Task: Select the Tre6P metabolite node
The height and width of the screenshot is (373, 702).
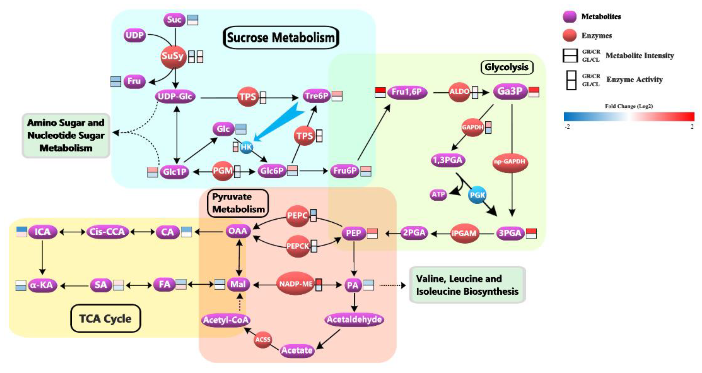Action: [x=316, y=96]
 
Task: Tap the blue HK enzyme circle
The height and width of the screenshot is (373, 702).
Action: [x=246, y=147]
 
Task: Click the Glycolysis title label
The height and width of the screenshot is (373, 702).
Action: [x=507, y=67]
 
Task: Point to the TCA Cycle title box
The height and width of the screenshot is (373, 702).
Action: [x=105, y=318]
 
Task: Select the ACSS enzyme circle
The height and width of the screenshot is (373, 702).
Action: [x=263, y=340]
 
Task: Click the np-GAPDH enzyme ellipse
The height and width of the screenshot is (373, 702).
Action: [x=510, y=162]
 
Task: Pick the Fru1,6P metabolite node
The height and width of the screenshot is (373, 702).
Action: [x=407, y=92]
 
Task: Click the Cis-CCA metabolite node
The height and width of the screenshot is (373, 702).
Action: [x=107, y=232]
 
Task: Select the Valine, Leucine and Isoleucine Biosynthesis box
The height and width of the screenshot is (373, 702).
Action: [x=467, y=285]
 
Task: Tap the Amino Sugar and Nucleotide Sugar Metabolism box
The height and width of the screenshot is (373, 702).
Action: [x=66, y=136]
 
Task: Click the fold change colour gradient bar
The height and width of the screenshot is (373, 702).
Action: [x=629, y=117]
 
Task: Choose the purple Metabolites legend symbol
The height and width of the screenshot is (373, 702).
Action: [x=569, y=17]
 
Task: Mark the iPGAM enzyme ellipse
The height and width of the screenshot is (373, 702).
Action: [x=464, y=233]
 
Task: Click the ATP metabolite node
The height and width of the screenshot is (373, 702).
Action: [x=439, y=195]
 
